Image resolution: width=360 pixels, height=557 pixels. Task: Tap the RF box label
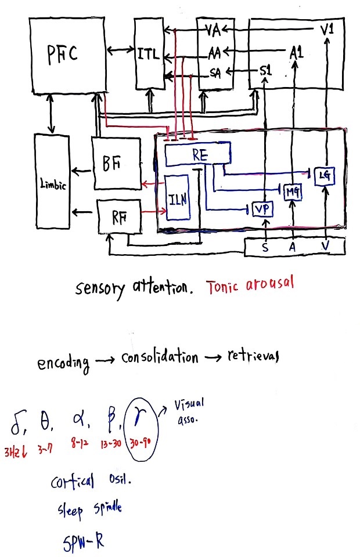click(x=120, y=218)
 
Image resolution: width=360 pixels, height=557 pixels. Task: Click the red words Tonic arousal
click(x=250, y=284)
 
